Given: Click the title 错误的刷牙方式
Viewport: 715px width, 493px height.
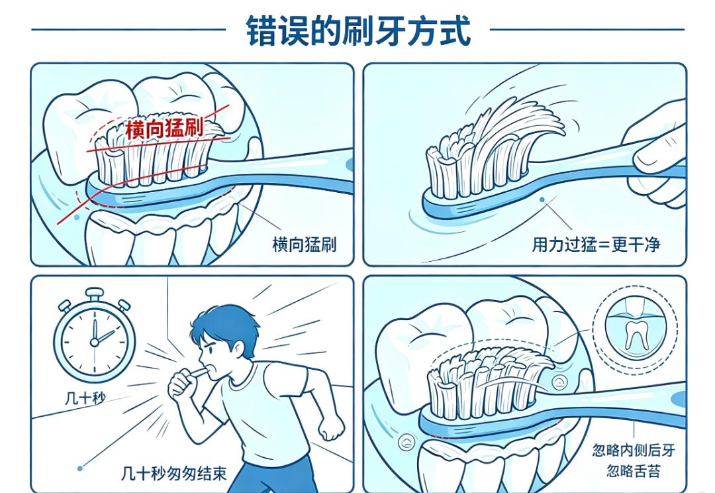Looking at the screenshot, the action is [x=358, y=31].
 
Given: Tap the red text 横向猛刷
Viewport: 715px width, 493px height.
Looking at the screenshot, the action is [x=165, y=129].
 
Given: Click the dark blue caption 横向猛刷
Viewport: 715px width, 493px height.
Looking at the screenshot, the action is [x=304, y=245].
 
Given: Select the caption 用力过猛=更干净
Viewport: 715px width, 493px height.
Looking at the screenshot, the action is [x=596, y=245].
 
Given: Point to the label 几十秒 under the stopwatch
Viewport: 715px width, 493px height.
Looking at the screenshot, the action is [x=85, y=398].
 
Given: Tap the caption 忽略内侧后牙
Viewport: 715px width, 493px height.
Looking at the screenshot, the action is [x=634, y=450].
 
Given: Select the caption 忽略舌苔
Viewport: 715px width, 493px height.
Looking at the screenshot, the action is [x=634, y=470].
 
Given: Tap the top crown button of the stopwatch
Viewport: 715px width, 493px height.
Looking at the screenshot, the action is [x=95, y=294].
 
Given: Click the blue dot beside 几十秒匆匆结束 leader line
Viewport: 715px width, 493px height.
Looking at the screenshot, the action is [x=80, y=468].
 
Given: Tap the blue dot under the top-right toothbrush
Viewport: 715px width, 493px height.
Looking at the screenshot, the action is [x=542, y=199].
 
